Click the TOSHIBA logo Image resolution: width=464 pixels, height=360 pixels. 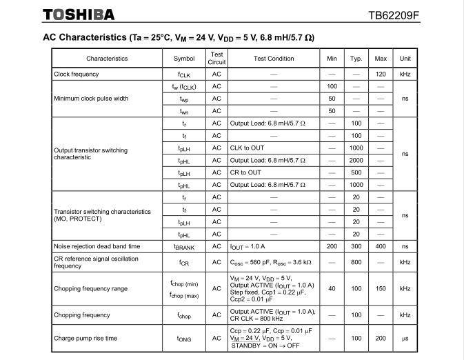79,14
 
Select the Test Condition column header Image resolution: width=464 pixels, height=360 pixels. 274,59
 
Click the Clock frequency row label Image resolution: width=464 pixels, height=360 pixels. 77,74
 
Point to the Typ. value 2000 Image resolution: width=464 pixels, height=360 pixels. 356,160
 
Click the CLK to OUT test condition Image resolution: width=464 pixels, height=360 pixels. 246,148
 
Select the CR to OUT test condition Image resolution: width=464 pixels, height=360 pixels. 245,172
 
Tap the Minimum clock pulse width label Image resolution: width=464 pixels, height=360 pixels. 91,99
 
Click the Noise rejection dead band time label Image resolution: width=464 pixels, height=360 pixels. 97,246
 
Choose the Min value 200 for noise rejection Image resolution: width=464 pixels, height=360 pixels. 332,246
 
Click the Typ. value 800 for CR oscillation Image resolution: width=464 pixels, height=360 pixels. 356,262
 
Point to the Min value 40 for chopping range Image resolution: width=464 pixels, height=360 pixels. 332,289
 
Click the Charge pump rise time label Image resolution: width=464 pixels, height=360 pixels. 85,339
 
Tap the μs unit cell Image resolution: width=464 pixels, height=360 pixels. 405,339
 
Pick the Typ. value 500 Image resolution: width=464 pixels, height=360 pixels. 356,172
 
